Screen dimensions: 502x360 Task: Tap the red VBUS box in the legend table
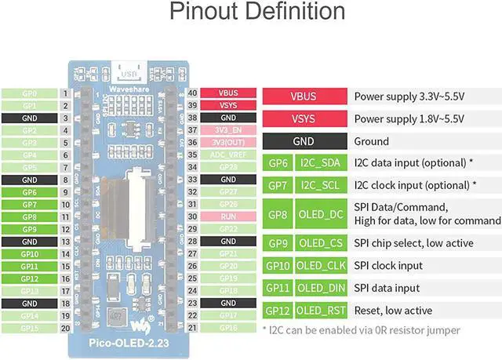pos(303,96)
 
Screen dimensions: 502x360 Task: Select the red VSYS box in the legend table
pos(303,118)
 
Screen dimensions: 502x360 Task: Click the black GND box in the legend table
pos(303,141)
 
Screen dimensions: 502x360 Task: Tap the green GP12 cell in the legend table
pos(278,311)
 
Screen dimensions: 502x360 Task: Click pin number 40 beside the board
pos(191,93)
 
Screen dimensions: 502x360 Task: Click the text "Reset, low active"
pos(393,311)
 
